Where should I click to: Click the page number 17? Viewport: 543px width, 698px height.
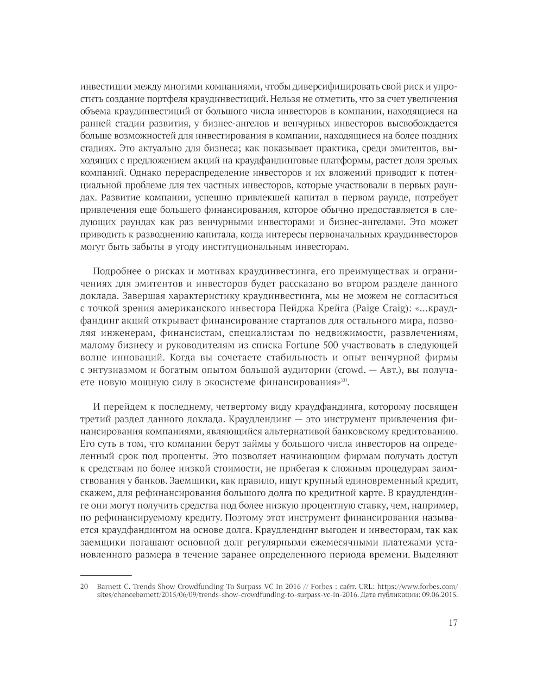coord(453,623)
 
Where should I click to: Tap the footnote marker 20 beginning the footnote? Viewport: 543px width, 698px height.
coord(84,587)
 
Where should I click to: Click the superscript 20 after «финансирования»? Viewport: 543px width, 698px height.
coord(343,380)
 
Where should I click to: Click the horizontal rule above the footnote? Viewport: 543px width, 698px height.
coord(106,575)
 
